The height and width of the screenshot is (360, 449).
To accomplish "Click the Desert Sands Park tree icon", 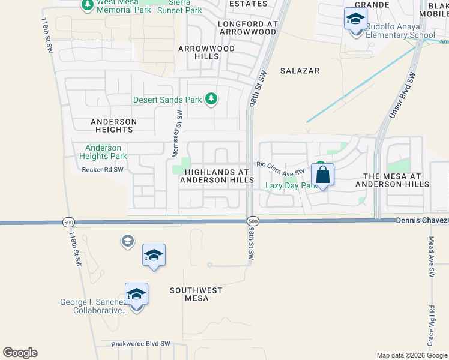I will [211, 98].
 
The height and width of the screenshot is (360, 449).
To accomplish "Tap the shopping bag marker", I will [322, 175].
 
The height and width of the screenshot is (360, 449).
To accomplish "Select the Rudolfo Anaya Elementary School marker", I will [355, 20].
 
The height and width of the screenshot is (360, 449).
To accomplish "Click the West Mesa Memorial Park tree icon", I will [88, 5].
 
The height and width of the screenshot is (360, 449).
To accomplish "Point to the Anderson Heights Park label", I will [106, 152].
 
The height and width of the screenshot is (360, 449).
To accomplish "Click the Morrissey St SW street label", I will [176, 134].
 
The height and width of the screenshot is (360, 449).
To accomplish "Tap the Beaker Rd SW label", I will [103, 170].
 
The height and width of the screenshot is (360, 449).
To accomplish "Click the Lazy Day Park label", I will [291, 186].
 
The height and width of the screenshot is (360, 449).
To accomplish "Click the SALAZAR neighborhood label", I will [300, 71].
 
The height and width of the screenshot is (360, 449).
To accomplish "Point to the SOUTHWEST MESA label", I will [196, 294].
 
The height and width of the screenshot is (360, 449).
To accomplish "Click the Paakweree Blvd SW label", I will [141, 344].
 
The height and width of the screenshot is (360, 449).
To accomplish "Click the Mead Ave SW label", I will [431, 256].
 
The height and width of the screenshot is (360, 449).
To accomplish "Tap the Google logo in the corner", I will [20, 353].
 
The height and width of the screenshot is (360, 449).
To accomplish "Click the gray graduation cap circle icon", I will [127, 241].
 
